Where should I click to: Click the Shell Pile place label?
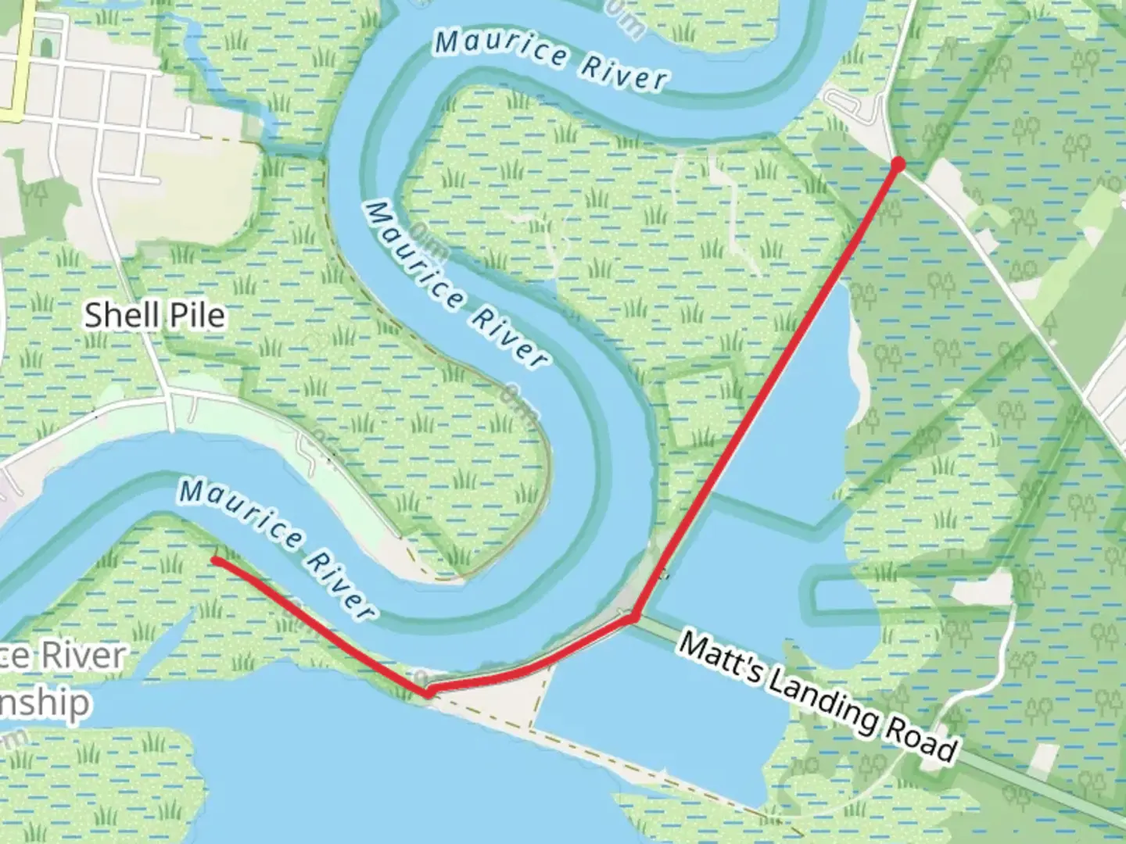(154, 315)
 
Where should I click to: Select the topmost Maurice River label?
(551, 59)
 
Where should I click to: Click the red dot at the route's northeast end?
(898, 164)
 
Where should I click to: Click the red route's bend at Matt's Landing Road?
(635, 617)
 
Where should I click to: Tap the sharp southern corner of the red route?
(426, 692)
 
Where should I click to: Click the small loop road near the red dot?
(848, 105)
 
